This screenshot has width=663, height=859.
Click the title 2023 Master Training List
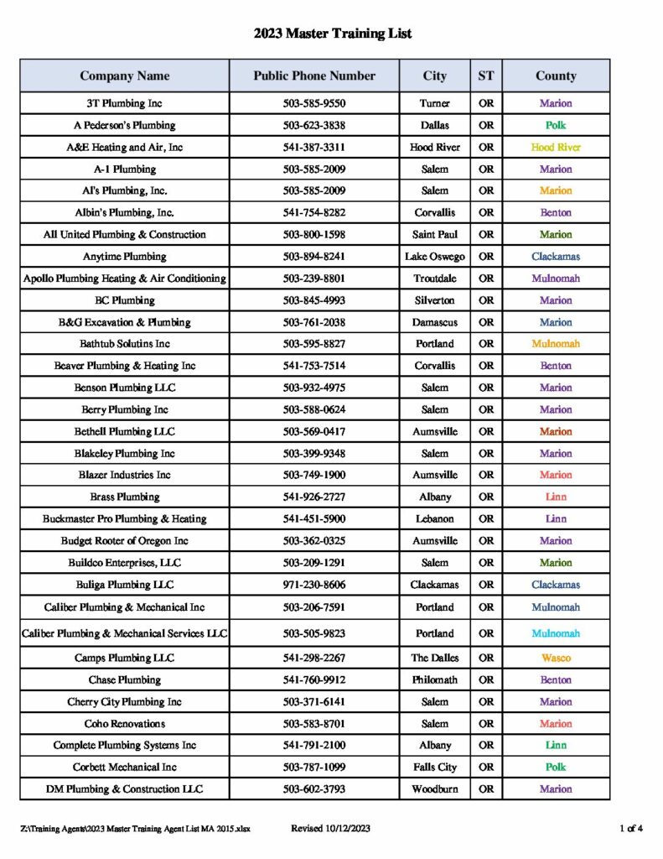333,34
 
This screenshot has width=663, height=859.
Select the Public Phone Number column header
314,75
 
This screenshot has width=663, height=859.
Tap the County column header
556,75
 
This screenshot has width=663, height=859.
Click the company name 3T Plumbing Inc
125,103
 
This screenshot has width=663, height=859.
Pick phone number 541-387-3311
314,147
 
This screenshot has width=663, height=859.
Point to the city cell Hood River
434,147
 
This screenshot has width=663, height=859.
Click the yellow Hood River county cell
556,147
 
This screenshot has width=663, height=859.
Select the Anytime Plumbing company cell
125,257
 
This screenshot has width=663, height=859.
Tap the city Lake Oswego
434,257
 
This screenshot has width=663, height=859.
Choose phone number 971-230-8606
314,585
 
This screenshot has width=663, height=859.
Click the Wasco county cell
556,658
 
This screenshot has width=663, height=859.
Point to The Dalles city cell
434,658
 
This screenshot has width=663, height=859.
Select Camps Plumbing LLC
125,658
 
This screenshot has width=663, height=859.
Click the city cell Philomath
434,679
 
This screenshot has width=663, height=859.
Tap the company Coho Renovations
125,723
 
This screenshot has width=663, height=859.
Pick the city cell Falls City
434,767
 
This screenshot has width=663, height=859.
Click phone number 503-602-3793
314,789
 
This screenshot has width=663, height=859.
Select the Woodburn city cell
434,789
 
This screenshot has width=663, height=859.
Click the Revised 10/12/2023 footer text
330,829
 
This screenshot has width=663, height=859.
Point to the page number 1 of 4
631,829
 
